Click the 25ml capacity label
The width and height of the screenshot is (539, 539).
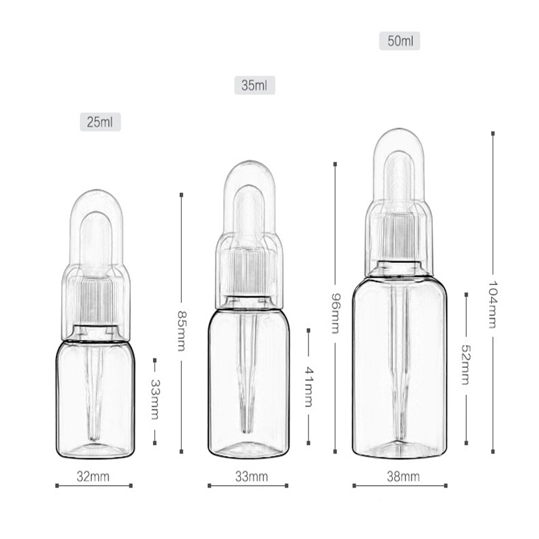point(100,122)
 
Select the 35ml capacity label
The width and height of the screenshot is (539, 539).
point(255,86)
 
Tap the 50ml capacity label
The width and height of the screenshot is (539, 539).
point(400,41)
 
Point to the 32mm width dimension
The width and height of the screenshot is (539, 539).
point(93,477)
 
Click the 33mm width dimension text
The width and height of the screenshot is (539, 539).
point(251,477)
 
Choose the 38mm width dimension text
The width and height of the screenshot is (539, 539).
point(403,477)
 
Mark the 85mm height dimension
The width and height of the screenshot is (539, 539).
point(181,331)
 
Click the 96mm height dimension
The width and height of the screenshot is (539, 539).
point(335,313)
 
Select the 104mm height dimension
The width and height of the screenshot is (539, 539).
point(493,305)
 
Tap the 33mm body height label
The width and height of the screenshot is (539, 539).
point(155,400)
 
